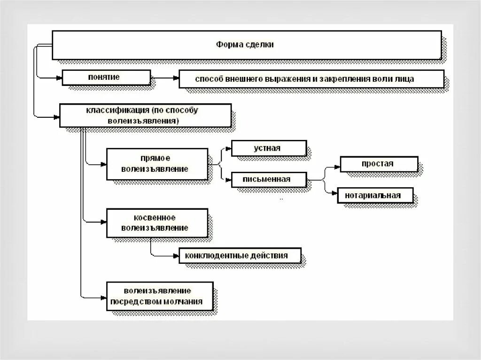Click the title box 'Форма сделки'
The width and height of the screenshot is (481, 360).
point(246,45)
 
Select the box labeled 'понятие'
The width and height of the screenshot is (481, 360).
point(106,78)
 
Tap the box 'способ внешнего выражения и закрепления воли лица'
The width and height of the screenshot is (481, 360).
point(311,79)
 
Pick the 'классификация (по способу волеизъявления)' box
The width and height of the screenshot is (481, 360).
point(145,115)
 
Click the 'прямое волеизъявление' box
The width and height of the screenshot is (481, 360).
point(157,164)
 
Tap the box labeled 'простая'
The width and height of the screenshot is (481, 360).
point(379,164)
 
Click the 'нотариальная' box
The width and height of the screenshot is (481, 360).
point(375,195)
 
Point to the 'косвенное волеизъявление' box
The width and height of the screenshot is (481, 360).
point(157,223)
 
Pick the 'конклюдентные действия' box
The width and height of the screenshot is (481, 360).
point(240,256)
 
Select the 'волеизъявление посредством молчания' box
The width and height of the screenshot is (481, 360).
point(160,296)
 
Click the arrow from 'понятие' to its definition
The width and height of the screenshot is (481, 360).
point(164,78)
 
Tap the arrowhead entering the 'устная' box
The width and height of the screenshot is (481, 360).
point(229,149)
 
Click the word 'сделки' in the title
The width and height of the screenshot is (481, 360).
point(260,45)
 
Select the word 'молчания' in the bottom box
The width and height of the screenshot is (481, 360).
point(185,302)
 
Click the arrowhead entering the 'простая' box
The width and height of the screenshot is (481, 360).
point(337,166)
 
